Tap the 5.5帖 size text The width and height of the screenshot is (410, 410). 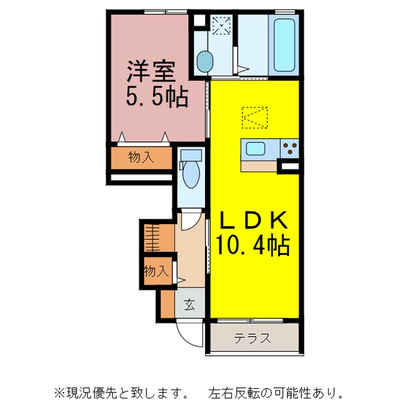point(156,97)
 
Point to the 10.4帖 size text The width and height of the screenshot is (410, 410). point(253,244)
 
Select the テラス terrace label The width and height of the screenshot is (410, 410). point(253,338)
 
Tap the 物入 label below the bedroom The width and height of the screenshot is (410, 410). point(141,157)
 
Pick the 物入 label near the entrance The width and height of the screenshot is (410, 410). point(156,271)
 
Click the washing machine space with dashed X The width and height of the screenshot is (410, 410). point(221,27)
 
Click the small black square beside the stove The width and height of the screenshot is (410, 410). point(290,165)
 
